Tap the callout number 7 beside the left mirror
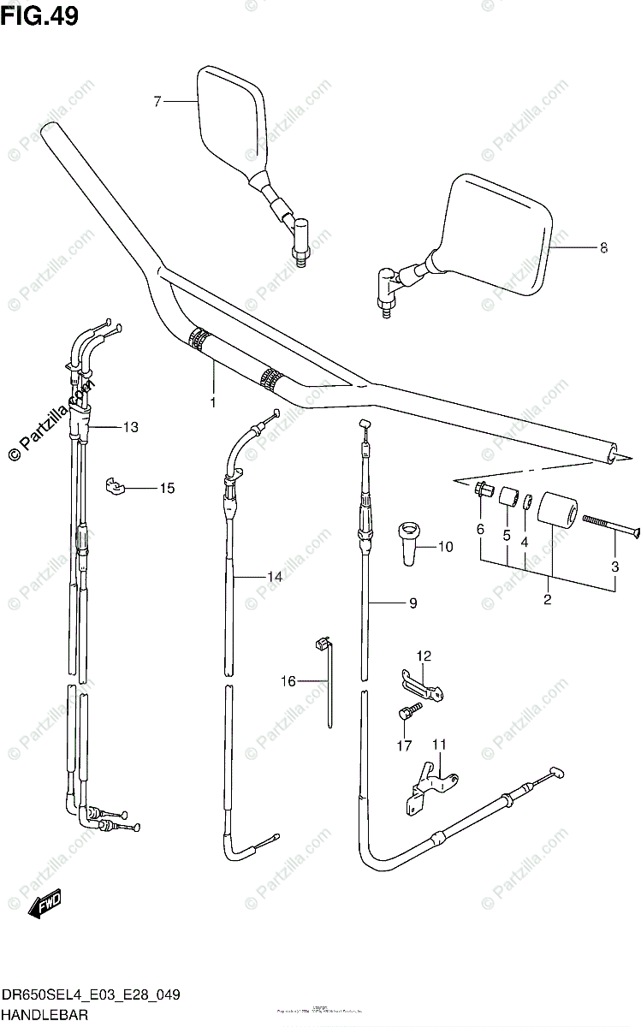coord(157,102)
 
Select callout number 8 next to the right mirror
coord(603,248)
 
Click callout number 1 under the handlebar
coord(213,401)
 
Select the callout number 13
coord(130,427)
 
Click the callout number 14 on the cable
coord(274,578)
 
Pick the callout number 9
coord(412,603)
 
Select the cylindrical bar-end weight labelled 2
coord(556,509)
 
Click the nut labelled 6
coord(482,490)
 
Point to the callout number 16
coord(288,681)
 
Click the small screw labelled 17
coord(407,712)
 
